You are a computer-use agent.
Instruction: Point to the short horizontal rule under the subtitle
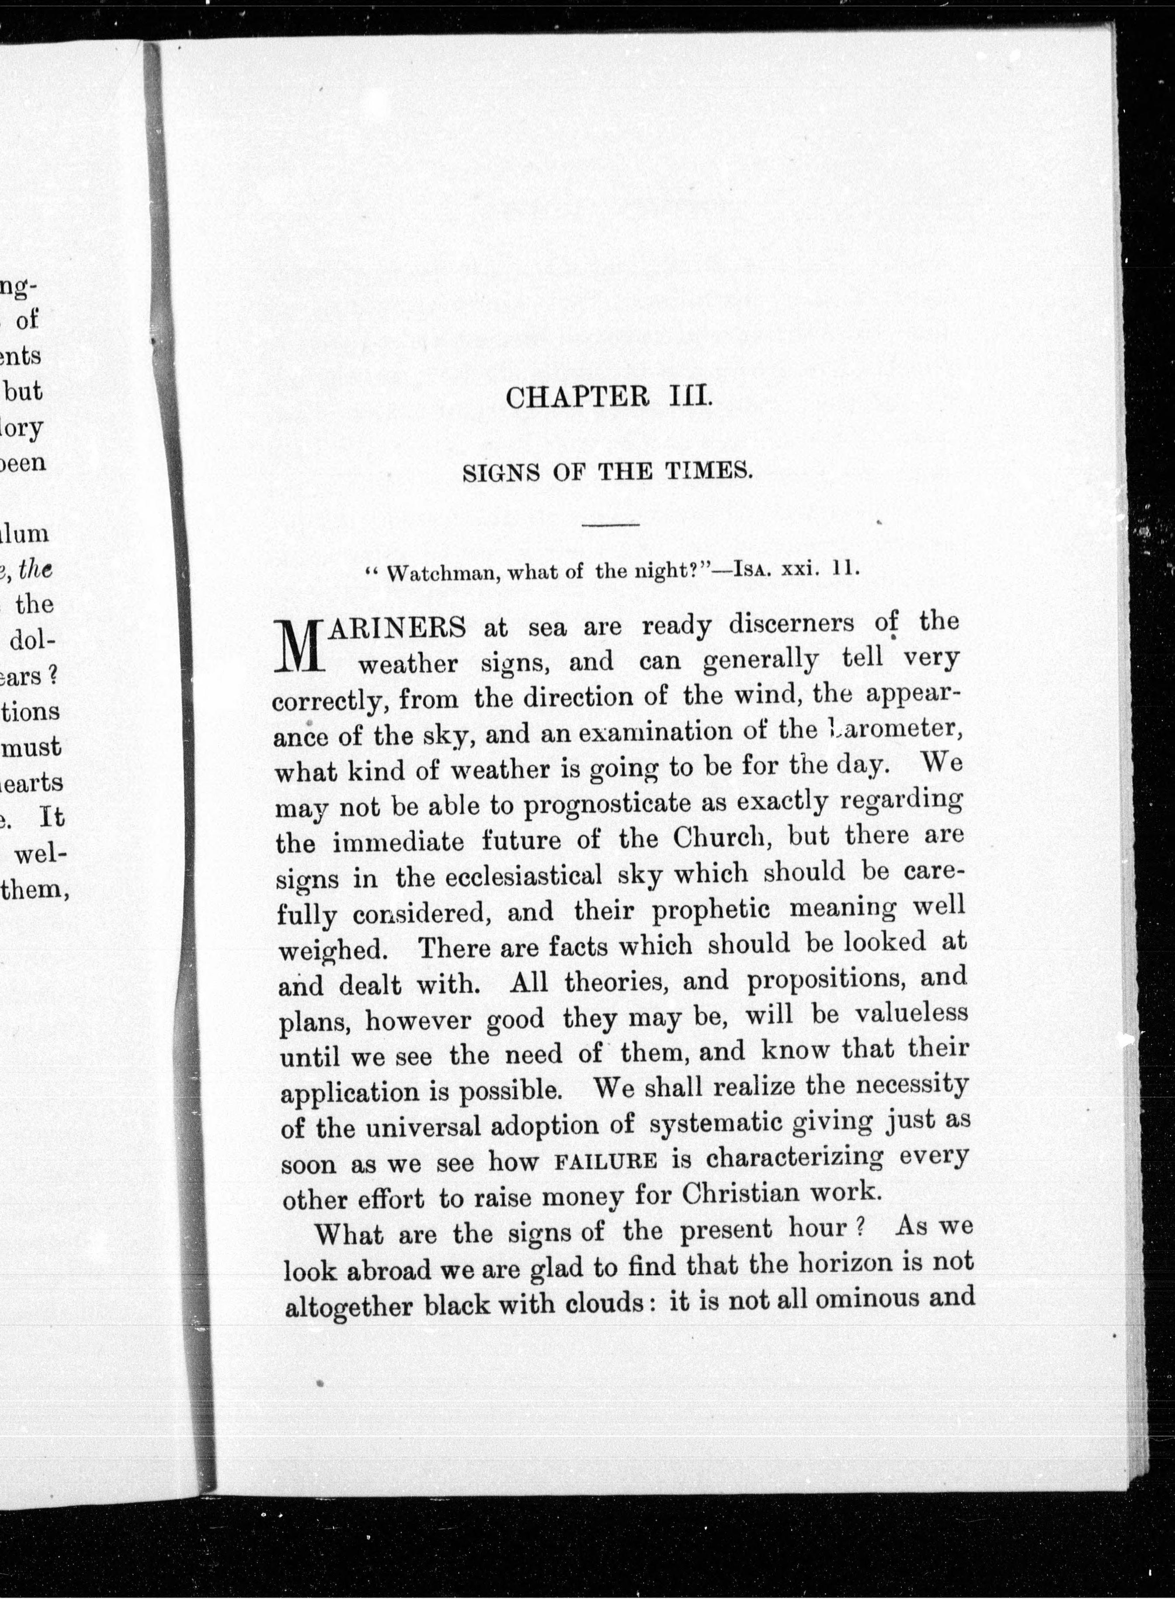click(x=610, y=525)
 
